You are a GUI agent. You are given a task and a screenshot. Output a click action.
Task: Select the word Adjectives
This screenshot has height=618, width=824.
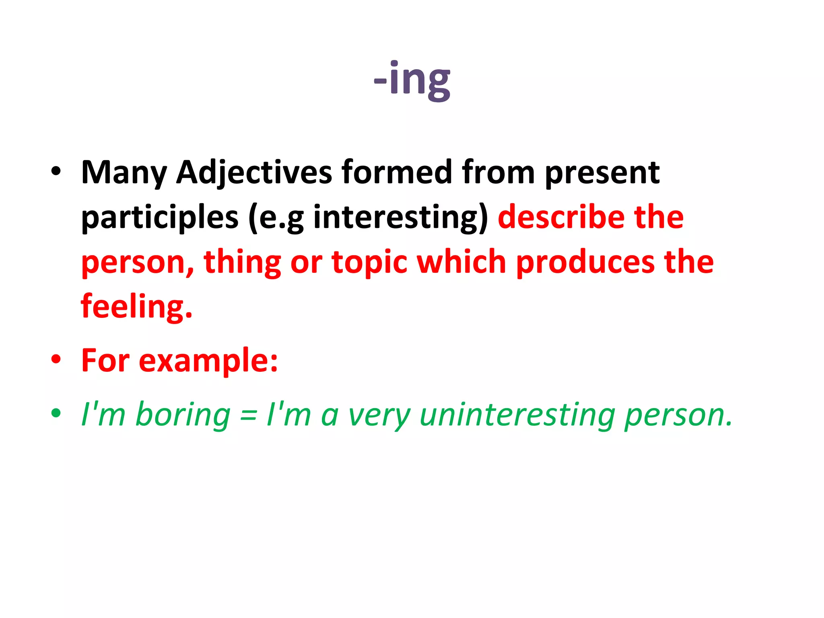254,173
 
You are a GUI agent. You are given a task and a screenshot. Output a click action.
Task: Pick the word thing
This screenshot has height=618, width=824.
242,262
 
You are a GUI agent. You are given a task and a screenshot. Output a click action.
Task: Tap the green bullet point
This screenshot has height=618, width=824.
56,413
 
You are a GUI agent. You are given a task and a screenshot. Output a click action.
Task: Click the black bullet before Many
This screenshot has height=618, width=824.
56,171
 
